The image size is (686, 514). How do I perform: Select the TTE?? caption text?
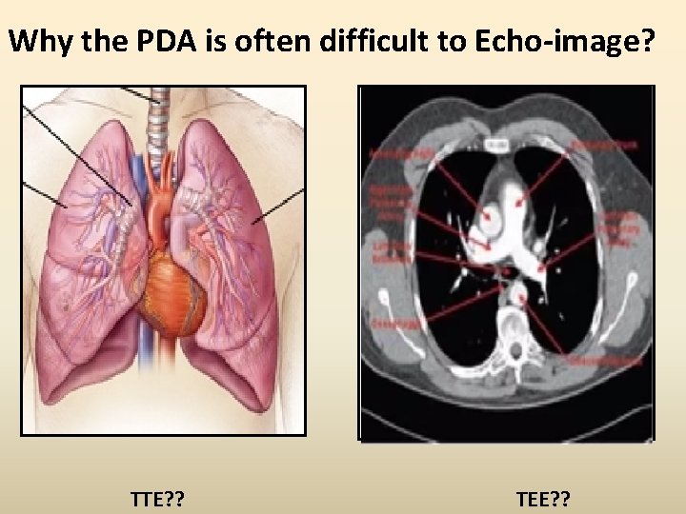point(157,497)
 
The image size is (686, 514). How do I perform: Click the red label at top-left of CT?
point(398,153)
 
